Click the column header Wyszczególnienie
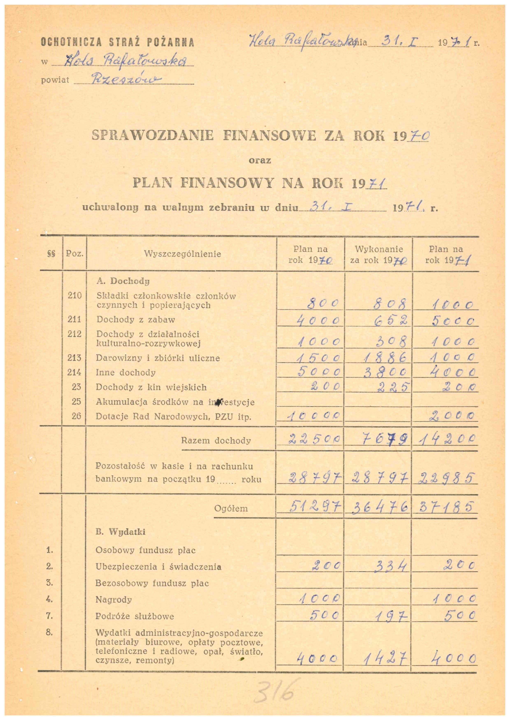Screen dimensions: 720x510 pyautogui.click(x=182, y=254)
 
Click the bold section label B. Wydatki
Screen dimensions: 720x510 pyautogui.click(x=121, y=532)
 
